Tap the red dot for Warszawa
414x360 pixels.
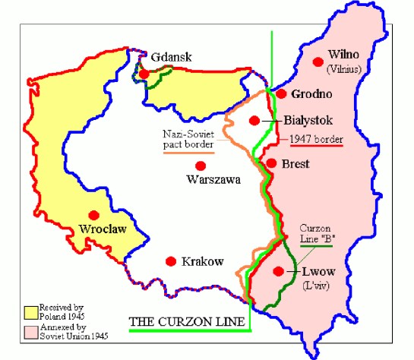[x=200, y=166]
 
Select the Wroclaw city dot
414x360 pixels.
[x=94, y=215]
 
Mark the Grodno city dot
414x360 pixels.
[x=281, y=94]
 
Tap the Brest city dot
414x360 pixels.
[x=270, y=163]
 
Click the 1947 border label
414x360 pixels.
[x=315, y=140]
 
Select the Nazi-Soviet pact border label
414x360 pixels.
[x=188, y=141]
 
